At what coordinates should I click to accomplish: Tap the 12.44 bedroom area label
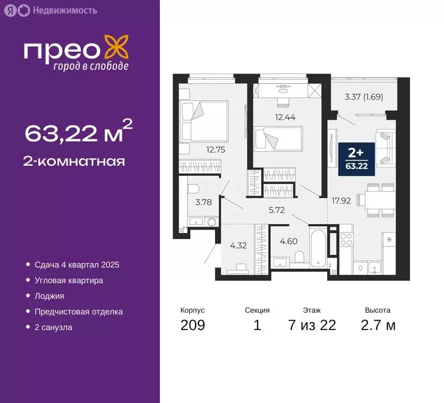tap(284, 118)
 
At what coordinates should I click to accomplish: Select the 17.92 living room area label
tap(341, 200)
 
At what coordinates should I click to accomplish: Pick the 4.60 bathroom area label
tap(289, 242)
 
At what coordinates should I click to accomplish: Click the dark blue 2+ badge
tap(356, 156)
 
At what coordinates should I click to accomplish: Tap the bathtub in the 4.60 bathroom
tap(318, 247)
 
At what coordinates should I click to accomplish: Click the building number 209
tap(192, 325)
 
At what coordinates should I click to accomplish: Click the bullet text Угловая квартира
tap(69, 280)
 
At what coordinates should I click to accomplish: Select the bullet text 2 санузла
tap(53, 327)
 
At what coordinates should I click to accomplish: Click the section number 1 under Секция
tap(257, 325)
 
